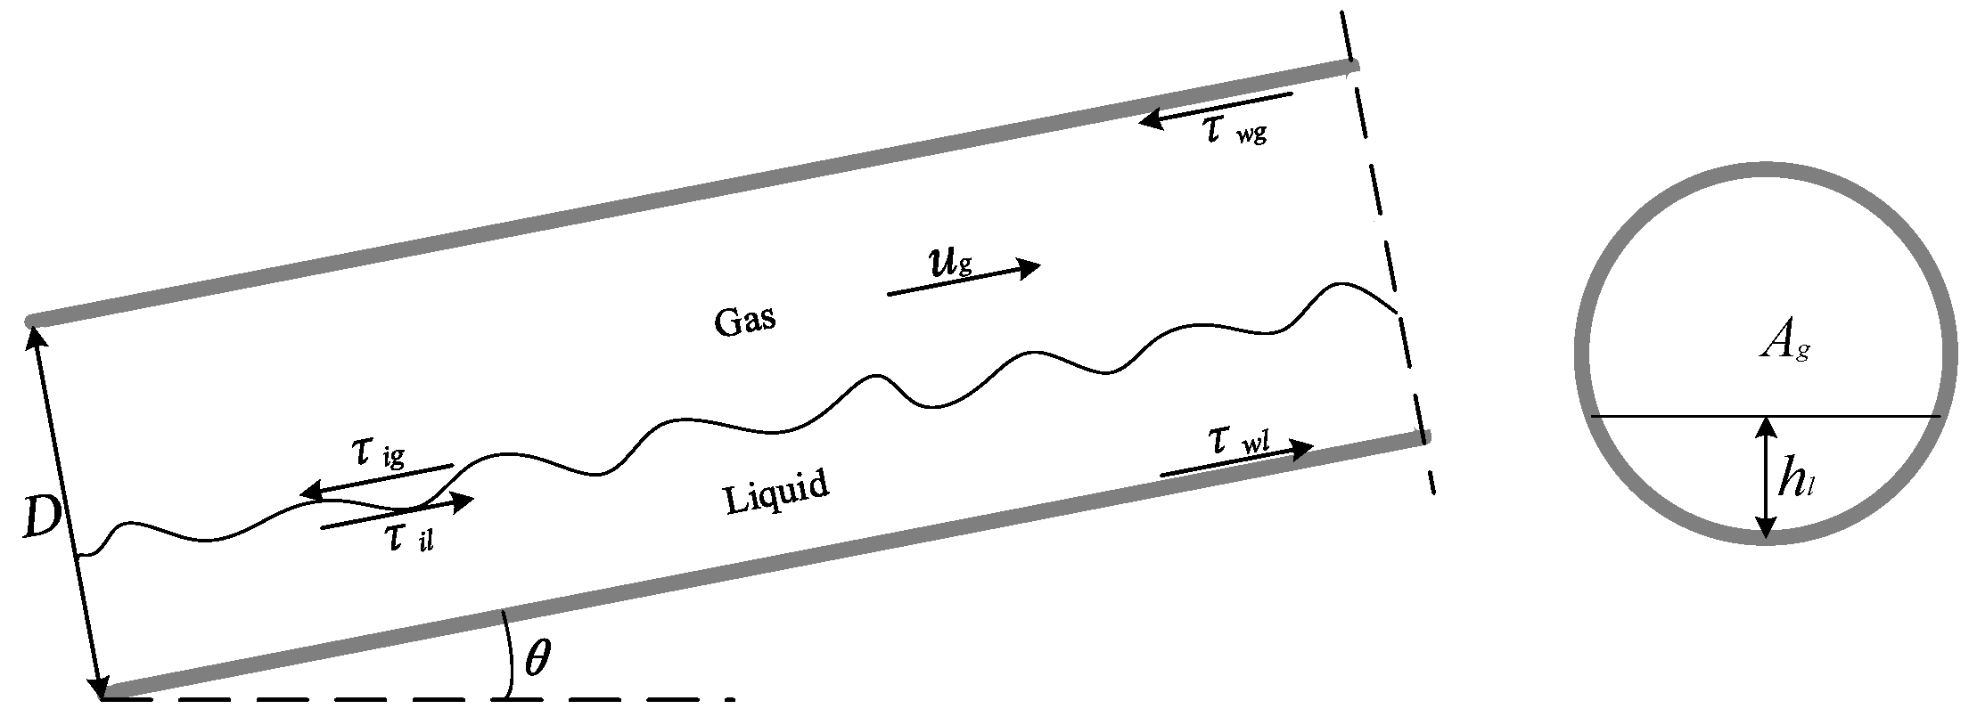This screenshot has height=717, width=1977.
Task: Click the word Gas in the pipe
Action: tap(744, 321)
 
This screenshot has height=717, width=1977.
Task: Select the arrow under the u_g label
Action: tap(964, 280)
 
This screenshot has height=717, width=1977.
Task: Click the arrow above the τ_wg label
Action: tap(1216, 107)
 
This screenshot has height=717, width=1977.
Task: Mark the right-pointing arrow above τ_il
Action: tap(397, 515)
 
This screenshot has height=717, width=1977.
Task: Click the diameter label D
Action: tap(40, 519)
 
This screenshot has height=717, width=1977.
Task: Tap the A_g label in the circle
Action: tap(1783, 344)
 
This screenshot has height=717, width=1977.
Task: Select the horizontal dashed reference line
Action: tap(419, 699)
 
